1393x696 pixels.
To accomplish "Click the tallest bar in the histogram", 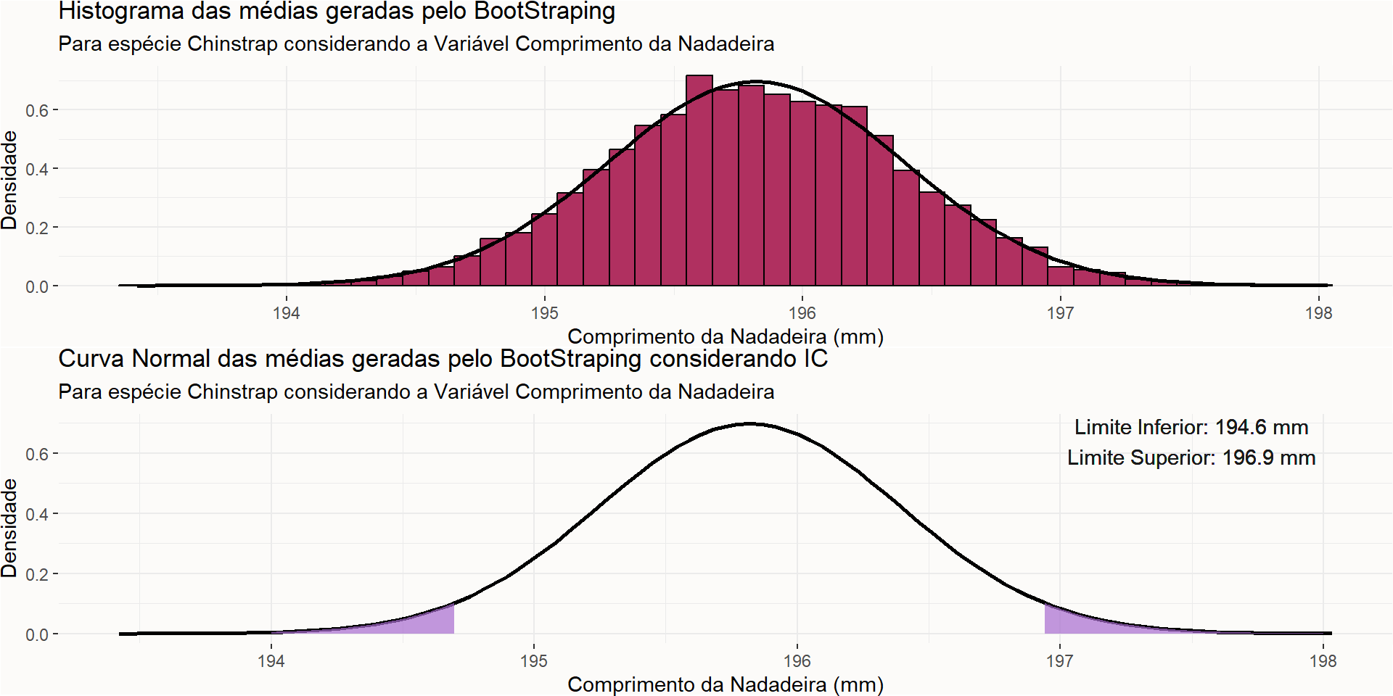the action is click(x=699, y=181).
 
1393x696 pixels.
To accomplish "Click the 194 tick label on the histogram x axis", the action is click(x=287, y=313).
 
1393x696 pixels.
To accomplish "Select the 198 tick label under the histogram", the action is click(x=1318, y=313).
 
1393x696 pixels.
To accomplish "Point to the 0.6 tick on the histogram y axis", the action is click(x=37, y=110).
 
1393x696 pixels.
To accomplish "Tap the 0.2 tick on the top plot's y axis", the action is click(x=37, y=228).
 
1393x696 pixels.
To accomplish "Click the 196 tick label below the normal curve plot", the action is click(x=797, y=661).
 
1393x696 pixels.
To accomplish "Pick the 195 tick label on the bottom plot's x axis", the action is click(x=534, y=661).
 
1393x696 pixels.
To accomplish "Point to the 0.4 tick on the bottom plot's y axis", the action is click(x=37, y=514).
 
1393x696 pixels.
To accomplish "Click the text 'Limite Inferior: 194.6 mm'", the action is click(x=1191, y=427).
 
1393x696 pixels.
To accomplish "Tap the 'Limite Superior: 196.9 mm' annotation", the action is click(x=1191, y=457).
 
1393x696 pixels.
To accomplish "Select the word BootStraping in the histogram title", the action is click(x=545, y=12).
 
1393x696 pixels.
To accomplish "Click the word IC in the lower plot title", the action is click(x=815, y=359).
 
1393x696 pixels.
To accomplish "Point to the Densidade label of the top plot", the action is click(x=9, y=181).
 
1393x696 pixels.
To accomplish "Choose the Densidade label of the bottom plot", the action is click(x=9, y=529).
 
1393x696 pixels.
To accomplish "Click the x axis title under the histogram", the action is click(x=726, y=336).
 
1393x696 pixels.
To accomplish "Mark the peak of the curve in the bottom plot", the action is click(x=750, y=423).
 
